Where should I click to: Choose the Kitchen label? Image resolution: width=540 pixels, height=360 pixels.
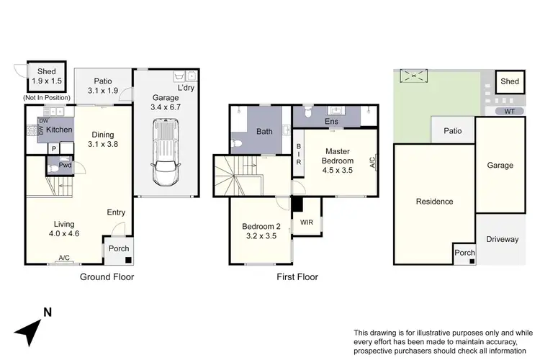point(60,130)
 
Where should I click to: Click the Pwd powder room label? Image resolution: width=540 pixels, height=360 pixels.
point(65,166)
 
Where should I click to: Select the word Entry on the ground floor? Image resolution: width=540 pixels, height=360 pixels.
point(117,212)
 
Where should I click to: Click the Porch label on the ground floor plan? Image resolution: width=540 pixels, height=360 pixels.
point(118,249)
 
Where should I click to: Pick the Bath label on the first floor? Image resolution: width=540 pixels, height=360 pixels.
point(264,132)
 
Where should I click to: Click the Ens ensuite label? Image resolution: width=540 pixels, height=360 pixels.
point(333,122)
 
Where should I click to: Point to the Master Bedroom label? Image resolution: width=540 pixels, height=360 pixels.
point(337,156)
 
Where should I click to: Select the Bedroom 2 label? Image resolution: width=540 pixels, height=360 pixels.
point(260,231)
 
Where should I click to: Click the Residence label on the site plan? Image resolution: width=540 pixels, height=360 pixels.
point(434,202)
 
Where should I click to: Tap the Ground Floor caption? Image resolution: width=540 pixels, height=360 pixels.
point(107,276)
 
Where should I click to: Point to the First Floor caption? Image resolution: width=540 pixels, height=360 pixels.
point(297,276)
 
